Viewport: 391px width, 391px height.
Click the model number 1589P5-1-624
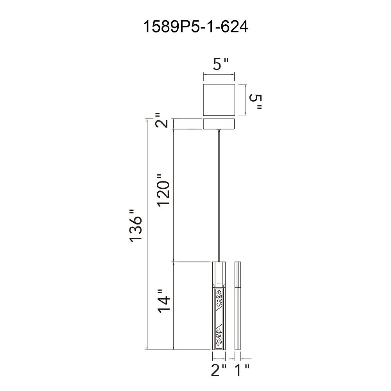(195, 27)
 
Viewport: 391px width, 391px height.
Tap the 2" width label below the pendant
(219, 370)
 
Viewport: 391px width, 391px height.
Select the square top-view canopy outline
(219, 100)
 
